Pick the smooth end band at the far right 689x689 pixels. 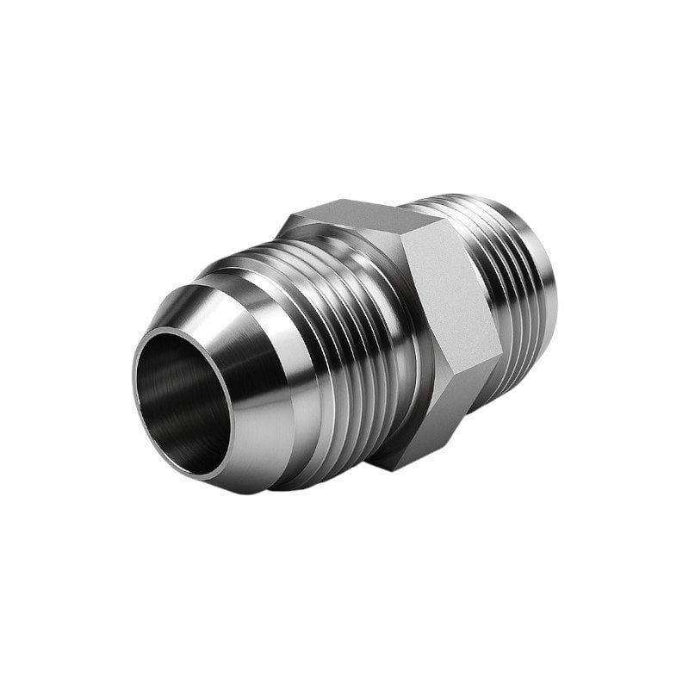point(547,301)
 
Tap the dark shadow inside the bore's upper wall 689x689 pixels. point(185,344)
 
